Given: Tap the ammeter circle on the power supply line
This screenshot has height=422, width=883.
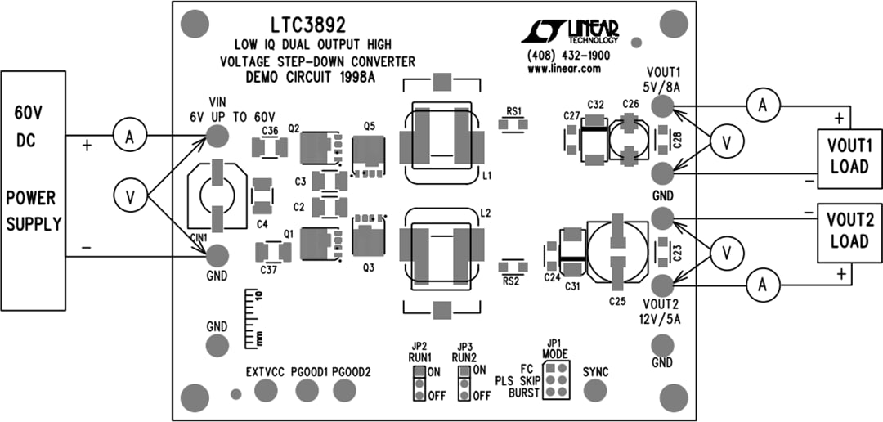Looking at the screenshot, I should click(x=128, y=138).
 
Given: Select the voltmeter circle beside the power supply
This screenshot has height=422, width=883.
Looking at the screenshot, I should click(x=128, y=195).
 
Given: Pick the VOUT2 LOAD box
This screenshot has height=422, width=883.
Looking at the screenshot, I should click(x=850, y=231).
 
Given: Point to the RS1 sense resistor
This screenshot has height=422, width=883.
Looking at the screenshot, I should click(x=513, y=126).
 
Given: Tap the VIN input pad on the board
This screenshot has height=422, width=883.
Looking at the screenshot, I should click(x=217, y=136).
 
